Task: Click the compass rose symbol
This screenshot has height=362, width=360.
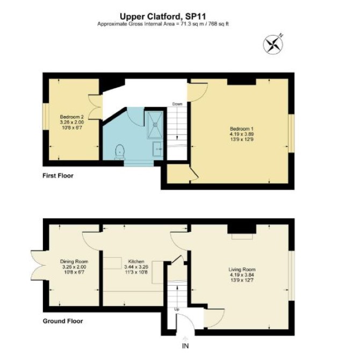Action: (x=273, y=44)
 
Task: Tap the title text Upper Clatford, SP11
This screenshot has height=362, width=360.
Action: (x=163, y=17)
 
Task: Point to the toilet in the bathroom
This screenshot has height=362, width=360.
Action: (x=120, y=152)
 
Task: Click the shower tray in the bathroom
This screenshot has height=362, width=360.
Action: (x=155, y=125)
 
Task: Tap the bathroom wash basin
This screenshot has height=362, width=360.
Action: (x=157, y=149)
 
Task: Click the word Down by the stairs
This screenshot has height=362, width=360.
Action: (x=177, y=104)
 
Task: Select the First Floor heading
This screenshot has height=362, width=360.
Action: (x=58, y=176)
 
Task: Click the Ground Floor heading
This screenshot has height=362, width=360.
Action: (x=63, y=321)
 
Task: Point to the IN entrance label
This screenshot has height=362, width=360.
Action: (x=185, y=346)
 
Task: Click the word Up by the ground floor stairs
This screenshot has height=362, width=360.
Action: (x=177, y=309)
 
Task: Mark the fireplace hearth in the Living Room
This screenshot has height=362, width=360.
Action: (x=242, y=237)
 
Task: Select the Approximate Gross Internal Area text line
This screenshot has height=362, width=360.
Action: (x=163, y=24)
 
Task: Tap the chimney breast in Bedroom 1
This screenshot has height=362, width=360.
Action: (x=242, y=82)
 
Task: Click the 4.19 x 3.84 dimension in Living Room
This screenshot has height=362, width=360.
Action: (x=242, y=275)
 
